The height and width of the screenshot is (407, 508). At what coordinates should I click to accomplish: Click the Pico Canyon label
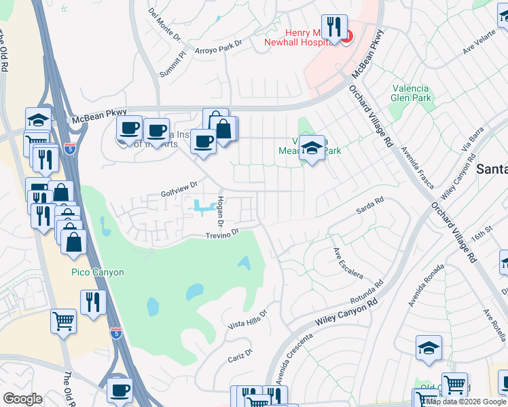98,272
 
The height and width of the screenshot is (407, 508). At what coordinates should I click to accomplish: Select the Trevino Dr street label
224,234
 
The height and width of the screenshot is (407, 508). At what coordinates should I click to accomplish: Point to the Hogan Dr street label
219,212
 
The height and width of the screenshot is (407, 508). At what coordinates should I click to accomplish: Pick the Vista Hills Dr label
248,319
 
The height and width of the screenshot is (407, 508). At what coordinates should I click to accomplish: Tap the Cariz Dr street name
240,355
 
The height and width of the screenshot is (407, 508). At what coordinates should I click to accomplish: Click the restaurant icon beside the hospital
331,28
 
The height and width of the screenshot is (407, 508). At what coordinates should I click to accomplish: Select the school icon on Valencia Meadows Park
312,147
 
